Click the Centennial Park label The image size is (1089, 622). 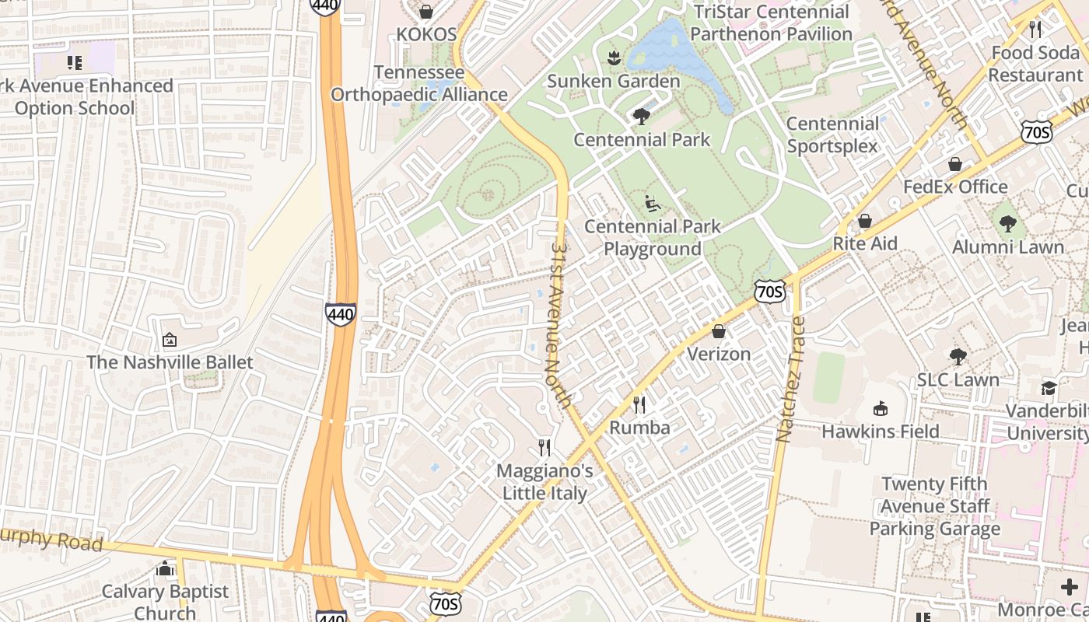(x=642, y=140)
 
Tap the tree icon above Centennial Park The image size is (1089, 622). (x=642, y=117)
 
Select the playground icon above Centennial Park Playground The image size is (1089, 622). (x=653, y=204)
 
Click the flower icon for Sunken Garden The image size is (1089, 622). (x=614, y=58)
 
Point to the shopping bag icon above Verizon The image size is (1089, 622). (x=718, y=331)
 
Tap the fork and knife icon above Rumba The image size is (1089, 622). (x=639, y=404)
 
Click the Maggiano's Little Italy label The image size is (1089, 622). (x=544, y=481)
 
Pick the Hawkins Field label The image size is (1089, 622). (x=881, y=431)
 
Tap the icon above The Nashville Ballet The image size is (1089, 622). (x=169, y=340)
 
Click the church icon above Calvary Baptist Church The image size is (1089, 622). (x=165, y=569)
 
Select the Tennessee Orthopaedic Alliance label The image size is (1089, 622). (x=419, y=83)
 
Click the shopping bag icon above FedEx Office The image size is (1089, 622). (x=954, y=164)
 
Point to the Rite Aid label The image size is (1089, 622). (x=865, y=243)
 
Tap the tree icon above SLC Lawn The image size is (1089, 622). (x=958, y=357)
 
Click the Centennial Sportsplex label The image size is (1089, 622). (x=832, y=135)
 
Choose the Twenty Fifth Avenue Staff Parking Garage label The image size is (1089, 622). (x=934, y=506)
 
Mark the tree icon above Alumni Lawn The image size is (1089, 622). (x=1008, y=224)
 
